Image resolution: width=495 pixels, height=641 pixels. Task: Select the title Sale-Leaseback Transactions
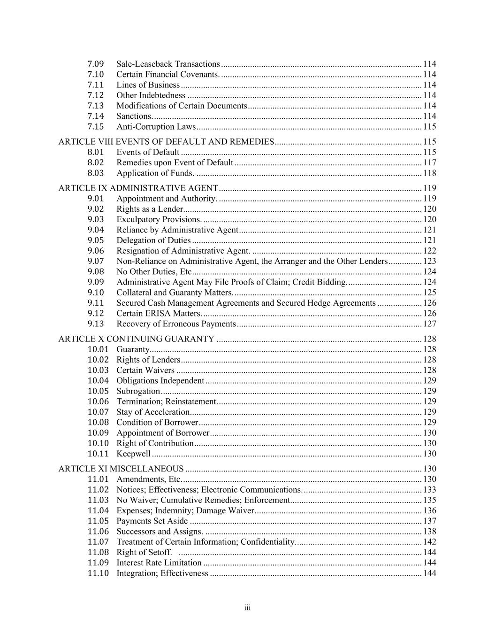coord(168,64)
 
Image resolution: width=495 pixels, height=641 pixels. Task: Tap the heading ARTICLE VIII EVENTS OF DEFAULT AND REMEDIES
coord(166,142)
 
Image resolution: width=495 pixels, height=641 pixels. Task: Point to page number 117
coord(429,162)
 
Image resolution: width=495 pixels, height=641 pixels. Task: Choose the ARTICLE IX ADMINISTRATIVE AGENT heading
coord(138,188)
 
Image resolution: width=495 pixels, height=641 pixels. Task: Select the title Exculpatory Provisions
coord(159,219)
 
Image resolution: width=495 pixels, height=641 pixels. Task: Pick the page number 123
coord(429,261)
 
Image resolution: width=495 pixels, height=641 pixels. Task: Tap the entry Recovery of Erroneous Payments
coord(176,324)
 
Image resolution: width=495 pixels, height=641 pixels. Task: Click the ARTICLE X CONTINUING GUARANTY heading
coord(136,339)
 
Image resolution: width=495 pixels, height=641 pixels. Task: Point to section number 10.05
coord(98,391)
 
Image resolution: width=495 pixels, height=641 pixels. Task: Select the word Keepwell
coord(133,454)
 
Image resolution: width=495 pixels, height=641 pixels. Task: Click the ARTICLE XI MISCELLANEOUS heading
coord(121,469)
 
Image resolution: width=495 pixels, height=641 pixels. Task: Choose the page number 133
coord(429,490)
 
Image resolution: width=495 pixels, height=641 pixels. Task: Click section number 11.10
coord(98,573)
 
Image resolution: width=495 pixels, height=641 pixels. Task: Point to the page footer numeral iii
coord(247,608)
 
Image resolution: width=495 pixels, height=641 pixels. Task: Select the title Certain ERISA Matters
coord(159,313)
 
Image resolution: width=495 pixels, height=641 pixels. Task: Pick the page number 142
coord(429,542)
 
